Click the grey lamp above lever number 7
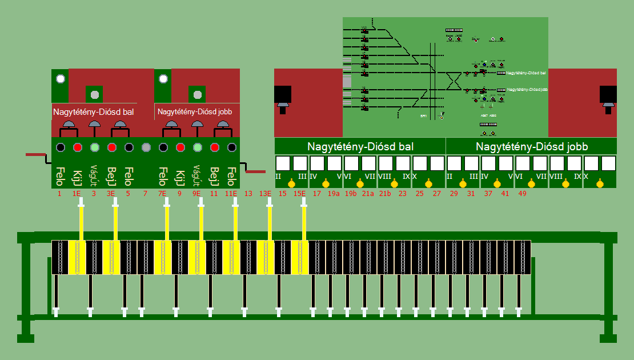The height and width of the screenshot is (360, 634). pyautogui.click(x=146, y=147)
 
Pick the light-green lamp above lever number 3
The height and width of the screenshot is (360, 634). pyautogui.click(x=95, y=147)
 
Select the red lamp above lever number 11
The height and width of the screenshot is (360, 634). pyautogui.click(x=215, y=147)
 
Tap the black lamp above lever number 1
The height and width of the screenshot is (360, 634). pyautogui.click(x=60, y=147)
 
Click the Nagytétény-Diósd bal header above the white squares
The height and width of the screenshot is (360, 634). pyautogui.click(x=360, y=146)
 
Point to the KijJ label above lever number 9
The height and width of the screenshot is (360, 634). pyautogui.click(x=180, y=178)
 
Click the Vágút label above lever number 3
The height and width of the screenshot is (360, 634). pyautogui.click(x=94, y=177)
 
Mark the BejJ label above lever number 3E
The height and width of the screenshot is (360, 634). pyautogui.click(x=112, y=178)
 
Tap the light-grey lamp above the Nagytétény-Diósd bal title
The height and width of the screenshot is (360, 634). pyautogui.click(x=95, y=94)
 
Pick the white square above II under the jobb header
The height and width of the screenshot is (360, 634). pyautogui.click(x=455, y=163)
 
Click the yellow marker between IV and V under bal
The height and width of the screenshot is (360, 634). pyautogui.click(x=326, y=184)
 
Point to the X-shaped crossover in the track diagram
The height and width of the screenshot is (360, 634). pyautogui.click(x=454, y=81)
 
